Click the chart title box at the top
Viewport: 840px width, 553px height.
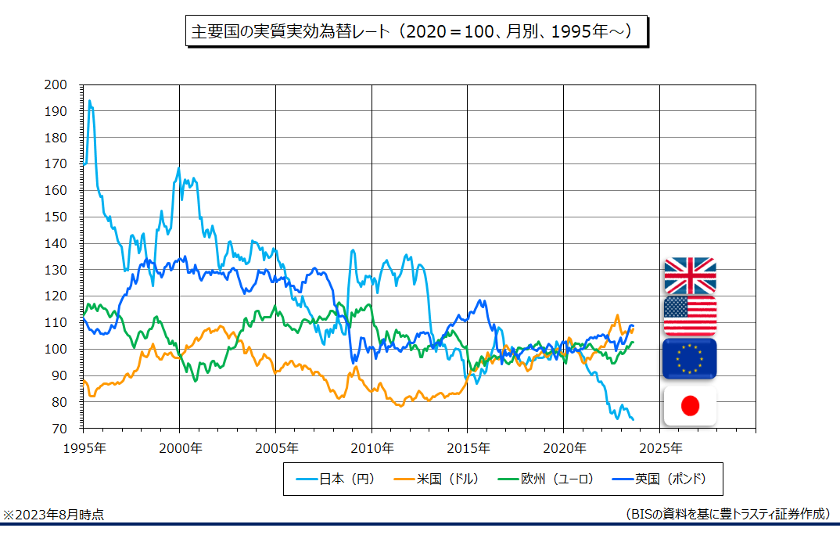click(416, 32)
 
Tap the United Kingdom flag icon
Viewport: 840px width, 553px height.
click(690, 276)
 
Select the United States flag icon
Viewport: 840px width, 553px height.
click(690, 316)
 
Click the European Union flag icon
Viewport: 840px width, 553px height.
click(690, 359)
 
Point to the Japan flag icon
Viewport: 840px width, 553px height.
click(690, 405)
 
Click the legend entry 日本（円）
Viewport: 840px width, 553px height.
click(337, 478)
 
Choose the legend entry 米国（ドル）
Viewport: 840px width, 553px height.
click(439, 478)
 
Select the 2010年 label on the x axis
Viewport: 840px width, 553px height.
click(372, 448)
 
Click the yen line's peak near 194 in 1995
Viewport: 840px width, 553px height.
click(90, 101)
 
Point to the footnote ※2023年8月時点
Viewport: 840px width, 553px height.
click(53, 515)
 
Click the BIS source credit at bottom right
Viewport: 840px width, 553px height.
click(727, 514)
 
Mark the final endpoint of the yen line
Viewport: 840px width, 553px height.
click(633, 420)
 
